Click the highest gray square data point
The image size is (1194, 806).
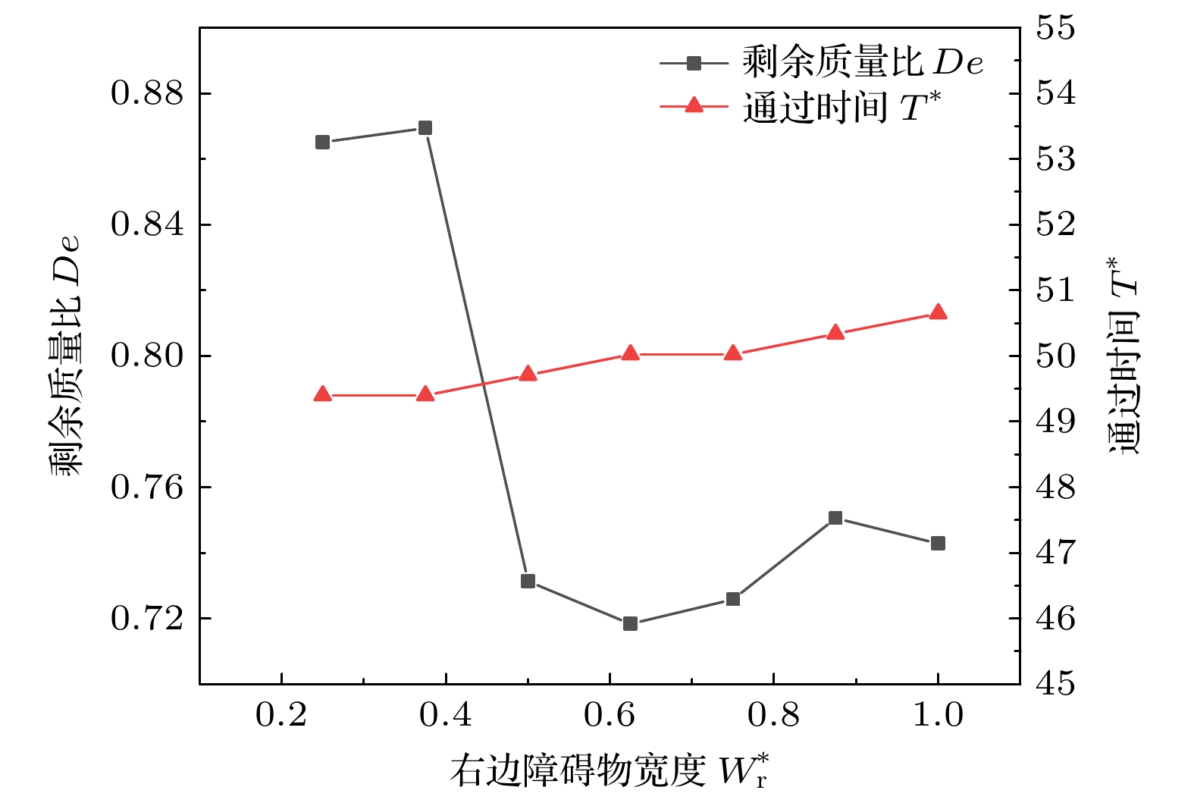(x=425, y=127)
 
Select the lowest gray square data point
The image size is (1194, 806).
(x=630, y=623)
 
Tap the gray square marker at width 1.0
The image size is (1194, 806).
(x=938, y=543)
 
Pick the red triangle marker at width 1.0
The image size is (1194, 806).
(x=938, y=312)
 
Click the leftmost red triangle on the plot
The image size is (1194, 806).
(x=322, y=394)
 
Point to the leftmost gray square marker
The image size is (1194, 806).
(x=322, y=142)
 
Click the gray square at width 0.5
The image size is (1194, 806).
(x=528, y=581)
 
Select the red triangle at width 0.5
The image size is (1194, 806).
(x=528, y=374)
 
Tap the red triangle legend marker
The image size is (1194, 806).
(x=694, y=105)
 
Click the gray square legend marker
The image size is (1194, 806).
(x=694, y=63)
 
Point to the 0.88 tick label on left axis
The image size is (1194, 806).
(x=148, y=93)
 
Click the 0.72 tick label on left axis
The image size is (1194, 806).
(x=148, y=619)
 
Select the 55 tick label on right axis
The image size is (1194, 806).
(x=1055, y=28)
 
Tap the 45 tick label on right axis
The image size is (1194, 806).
(x=1055, y=684)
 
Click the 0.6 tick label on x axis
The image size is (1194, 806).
(x=610, y=714)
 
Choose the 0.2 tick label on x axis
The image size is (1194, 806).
(x=281, y=714)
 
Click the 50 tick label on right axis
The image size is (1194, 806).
(x=1055, y=356)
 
